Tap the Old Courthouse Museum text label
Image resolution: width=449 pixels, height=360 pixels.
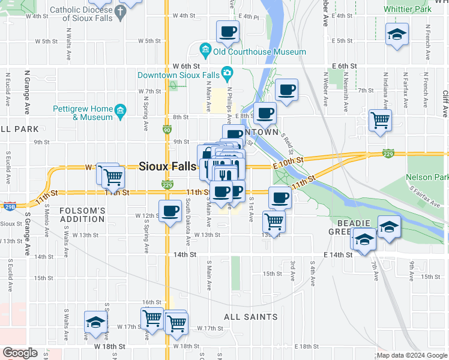[x=260, y=52]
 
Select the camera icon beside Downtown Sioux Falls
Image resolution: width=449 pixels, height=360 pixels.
[x=227, y=75]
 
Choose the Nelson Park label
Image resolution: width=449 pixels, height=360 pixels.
[x=427, y=178]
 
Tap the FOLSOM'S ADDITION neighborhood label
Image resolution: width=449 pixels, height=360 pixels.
[x=83, y=215]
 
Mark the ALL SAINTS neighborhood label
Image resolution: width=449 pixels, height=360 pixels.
[x=250, y=317]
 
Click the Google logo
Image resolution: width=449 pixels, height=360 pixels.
[x=20, y=352]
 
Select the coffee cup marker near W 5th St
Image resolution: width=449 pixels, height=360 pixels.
[x=228, y=32]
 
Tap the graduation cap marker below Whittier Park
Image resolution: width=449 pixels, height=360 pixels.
[x=397, y=34]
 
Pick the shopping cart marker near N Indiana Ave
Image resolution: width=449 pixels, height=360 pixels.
[x=380, y=120]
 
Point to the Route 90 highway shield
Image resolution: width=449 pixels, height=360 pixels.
[x=167, y=129]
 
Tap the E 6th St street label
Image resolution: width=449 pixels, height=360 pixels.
[x=344, y=66]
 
